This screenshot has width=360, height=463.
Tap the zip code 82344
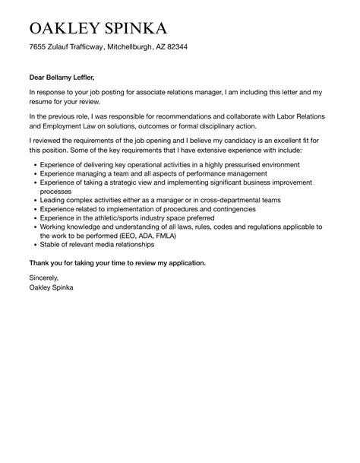175,47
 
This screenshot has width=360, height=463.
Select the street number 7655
39,47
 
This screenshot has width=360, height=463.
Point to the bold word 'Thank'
39,262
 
